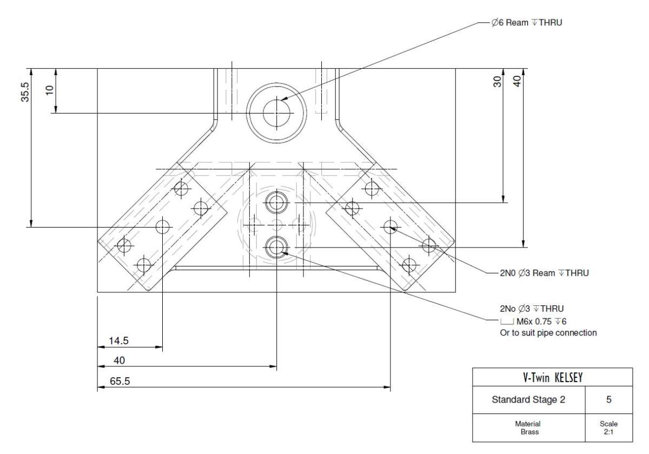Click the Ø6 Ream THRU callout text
pyautogui.click(x=526, y=23)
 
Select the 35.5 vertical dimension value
pyautogui.click(x=25, y=92)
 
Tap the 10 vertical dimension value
pyautogui.click(x=50, y=90)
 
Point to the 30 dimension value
pyautogui.click(x=497, y=82)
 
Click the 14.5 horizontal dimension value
pyautogui.click(x=118, y=341)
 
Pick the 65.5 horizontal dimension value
pyautogui.click(x=120, y=382)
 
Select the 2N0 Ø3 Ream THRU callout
pyautogui.click(x=544, y=273)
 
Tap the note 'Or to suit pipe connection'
pyautogui.click(x=548, y=333)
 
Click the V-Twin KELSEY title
pyautogui.click(x=553, y=378)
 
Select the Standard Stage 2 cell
pyautogui.click(x=528, y=399)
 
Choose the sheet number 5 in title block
pyautogui.click(x=609, y=399)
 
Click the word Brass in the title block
pyautogui.click(x=529, y=432)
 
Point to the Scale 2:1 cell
pyautogui.click(x=609, y=428)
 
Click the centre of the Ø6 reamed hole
pyautogui.click(x=276, y=113)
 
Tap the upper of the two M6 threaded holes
pyautogui.click(x=276, y=202)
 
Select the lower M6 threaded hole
pyautogui.click(x=276, y=248)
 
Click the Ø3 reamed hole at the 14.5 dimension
pyautogui.click(x=163, y=227)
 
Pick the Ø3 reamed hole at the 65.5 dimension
pyautogui.click(x=390, y=227)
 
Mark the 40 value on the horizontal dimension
pyautogui.click(x=120, y=360)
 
